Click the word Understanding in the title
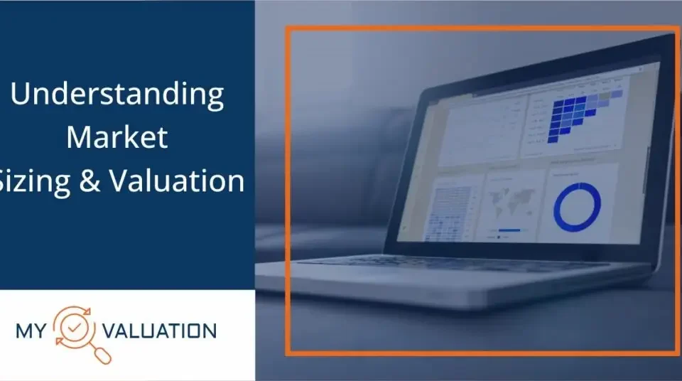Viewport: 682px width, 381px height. coord(117,95)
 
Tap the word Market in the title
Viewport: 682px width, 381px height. coord(117,136)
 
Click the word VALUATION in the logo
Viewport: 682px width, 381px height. coord(159,331)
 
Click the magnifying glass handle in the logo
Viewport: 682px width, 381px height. coord(102,353)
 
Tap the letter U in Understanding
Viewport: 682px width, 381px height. coord(20,94)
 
